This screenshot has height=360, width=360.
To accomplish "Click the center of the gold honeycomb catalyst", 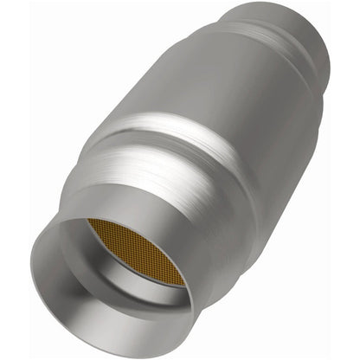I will coord(136,252).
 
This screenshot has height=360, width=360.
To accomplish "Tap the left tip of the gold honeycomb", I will coord(89,223).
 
